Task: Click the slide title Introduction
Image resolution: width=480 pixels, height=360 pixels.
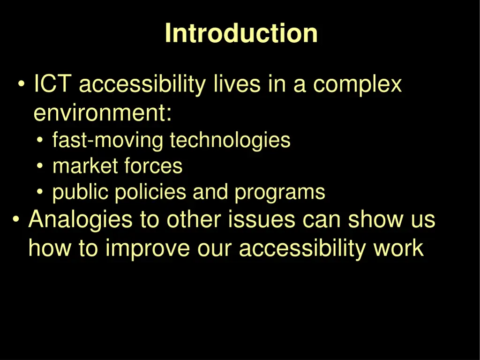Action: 241,34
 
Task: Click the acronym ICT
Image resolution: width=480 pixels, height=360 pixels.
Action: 52,85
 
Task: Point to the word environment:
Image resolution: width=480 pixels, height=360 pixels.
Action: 103,113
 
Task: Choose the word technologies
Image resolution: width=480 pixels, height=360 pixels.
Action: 230,141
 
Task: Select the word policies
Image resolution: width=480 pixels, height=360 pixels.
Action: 151,193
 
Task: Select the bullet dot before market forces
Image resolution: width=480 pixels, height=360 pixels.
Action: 41,166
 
